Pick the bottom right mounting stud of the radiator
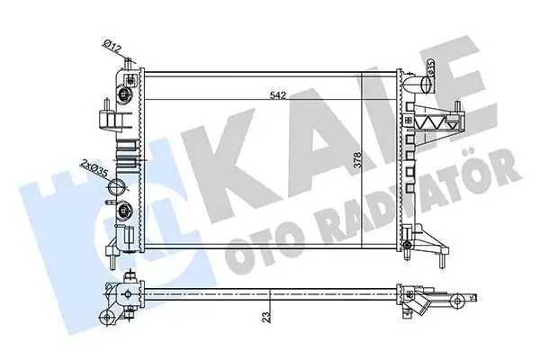(445, 263)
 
